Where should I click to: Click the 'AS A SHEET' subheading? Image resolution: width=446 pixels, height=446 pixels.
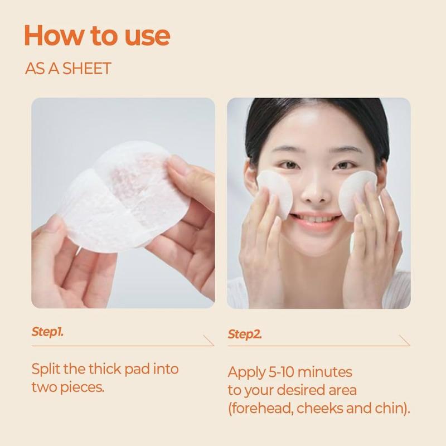tap(68, 69)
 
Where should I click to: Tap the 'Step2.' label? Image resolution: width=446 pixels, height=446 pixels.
tap(245, 334)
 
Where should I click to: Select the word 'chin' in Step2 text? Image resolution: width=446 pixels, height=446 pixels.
tap(392, 408)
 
